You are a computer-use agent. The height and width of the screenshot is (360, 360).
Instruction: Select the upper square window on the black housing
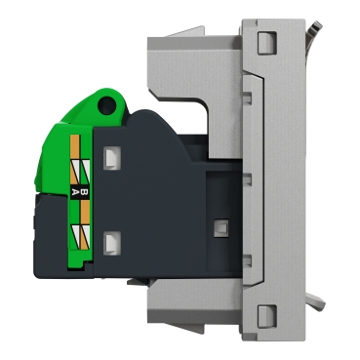coord(114,155)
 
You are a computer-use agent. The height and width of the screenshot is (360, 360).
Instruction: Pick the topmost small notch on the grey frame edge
coord(245,96)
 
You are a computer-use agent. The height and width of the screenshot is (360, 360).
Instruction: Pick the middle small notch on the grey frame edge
coord(245,179)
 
